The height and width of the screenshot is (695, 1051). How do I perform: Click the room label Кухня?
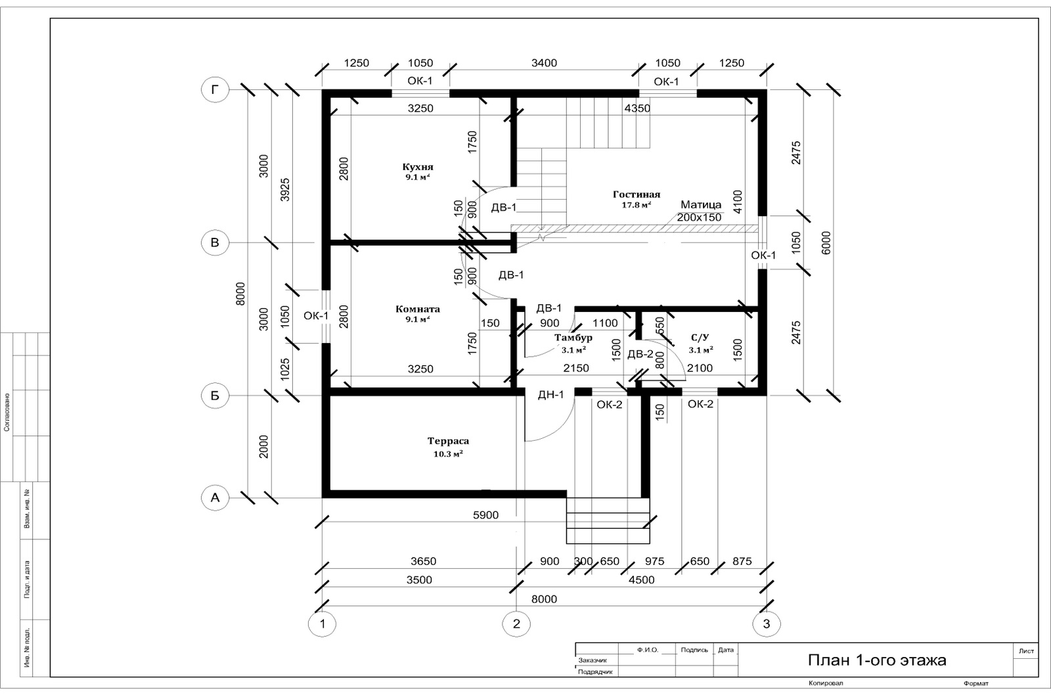tap(418, 167)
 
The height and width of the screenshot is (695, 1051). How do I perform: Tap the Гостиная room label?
tap(637, 194)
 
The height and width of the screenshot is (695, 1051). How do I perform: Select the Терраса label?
tap(448, 441)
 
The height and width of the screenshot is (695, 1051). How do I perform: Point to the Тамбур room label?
tap(573, 338)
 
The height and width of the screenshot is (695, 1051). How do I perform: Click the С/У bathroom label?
tap(700, 338)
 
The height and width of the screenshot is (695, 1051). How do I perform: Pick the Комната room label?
tap(418, 309)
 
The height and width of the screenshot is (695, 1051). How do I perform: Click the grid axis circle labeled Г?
tap(215, 89)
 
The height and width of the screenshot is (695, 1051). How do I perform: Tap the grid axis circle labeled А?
tap(215, 497)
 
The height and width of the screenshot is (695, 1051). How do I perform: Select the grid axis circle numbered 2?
tap(516, 623)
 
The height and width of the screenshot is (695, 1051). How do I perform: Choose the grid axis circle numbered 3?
tap(767, 623)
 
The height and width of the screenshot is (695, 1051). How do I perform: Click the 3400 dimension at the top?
tap(545, 63)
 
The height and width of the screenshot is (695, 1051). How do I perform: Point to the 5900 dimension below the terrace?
tap(485, 515)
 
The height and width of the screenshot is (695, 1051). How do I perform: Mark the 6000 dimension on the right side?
tap(826, 242)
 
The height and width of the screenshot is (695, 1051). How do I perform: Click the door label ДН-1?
tap(551, 395)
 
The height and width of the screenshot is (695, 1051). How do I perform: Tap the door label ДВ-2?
tap(640, 354)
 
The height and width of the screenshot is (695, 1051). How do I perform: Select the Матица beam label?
tap(701, 204)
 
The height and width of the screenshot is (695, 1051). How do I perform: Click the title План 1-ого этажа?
tap(877, 660)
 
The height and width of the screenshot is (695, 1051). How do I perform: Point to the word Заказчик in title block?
tap(593, 660)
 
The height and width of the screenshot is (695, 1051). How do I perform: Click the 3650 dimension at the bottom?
tap(423, 561)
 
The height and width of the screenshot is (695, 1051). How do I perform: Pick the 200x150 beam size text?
tap(699, 217)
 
